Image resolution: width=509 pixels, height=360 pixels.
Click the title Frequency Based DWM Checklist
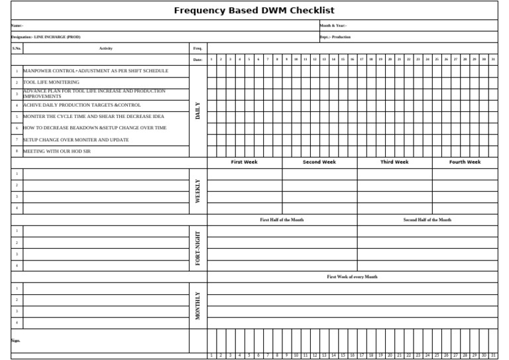254,11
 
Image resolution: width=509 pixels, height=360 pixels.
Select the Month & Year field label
333,25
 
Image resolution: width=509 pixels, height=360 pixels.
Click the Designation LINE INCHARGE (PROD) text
46,37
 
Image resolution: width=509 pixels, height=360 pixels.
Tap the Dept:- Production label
335,37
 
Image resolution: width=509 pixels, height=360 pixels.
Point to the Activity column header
105,48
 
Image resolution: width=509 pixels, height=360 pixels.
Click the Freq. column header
198,48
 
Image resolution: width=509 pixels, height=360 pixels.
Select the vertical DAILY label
198,110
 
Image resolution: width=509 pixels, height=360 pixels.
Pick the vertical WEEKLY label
198,191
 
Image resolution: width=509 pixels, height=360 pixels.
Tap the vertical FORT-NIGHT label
198,248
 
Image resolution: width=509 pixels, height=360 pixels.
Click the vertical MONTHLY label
198,305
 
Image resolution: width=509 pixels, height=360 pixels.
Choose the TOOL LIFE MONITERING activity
51,82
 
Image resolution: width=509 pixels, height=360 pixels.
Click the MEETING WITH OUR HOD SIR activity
56,151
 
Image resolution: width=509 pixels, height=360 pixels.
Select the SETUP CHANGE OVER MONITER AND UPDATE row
76,140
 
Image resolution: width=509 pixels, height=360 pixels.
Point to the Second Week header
319,162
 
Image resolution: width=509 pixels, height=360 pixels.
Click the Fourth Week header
465,162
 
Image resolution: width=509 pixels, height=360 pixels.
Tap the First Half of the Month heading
282,219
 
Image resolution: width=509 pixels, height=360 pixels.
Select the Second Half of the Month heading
427,219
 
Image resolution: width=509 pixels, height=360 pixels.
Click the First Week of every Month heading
352,276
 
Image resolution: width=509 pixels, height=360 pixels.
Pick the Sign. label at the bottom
15,341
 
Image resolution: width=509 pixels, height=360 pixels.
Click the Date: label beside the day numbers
198,60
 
